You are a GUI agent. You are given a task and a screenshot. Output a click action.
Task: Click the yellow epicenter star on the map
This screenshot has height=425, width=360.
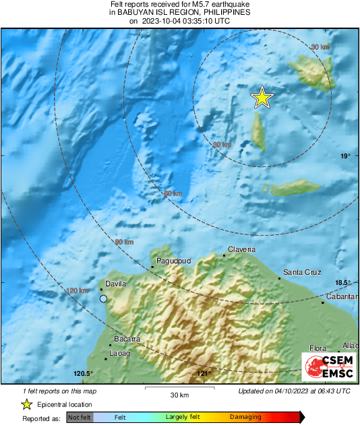pyautogui.click(x=262, y=98)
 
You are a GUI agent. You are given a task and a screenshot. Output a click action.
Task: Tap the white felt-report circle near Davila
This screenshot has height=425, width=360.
pyautogui.click(x=103, y=298)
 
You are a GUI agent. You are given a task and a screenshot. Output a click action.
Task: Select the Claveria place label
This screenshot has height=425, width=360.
pyautogui.click(x=242, y=249)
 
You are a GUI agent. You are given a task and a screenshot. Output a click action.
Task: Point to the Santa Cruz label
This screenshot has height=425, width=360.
pyautogui.click(x=301, y=272)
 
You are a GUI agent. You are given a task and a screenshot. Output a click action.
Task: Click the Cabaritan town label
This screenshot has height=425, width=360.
pyautogui.click(x=340, y=296)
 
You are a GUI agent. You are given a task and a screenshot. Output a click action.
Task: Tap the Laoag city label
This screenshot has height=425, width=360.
pyautogui.click(x=120, y=353)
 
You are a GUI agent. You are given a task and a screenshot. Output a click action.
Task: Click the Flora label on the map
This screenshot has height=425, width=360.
pyautogui.click(x=318, y=348)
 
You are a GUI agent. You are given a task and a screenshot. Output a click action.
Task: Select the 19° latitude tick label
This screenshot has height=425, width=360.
pyautogui.click(x=345, y=156)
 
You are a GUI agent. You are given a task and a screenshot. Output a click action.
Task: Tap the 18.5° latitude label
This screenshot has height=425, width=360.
pyautogui.click(x=344, y=282)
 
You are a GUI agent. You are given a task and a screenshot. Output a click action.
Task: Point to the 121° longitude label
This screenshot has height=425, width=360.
pyautogui.click(x=203, y=374)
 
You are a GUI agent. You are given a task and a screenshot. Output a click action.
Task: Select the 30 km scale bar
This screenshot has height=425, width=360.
pyautogui.click(x=179, y=389)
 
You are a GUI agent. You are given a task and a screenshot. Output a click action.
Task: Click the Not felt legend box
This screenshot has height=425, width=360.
pyautogui.click(x=79, y=418)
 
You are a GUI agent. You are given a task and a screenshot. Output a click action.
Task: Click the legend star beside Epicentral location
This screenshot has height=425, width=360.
pyautogui.click(x=26, y=404)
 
